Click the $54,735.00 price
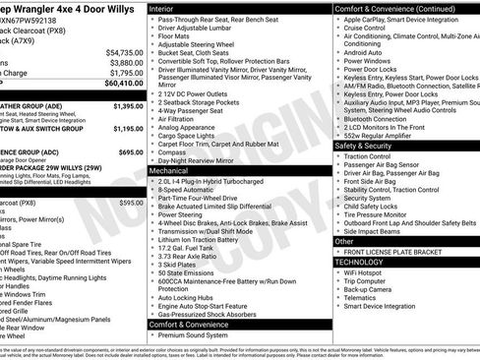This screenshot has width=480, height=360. (x=122, y=52)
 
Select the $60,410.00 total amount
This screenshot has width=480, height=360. (x=122, y=85)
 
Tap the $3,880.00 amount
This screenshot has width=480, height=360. (x=124, y=63)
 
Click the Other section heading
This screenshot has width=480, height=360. (x=345, y=241)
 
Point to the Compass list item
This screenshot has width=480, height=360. (x=173, y=152)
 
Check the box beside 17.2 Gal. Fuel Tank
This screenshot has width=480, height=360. (x=151, y=248)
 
